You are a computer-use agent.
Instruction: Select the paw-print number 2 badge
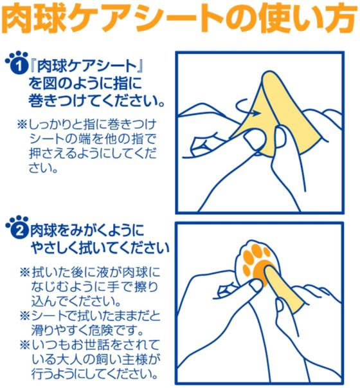point(17,227)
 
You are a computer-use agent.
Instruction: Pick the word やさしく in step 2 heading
point(57,248)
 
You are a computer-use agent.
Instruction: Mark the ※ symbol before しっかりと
point(22,124)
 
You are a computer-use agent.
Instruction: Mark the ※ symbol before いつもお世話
point(25,345)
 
